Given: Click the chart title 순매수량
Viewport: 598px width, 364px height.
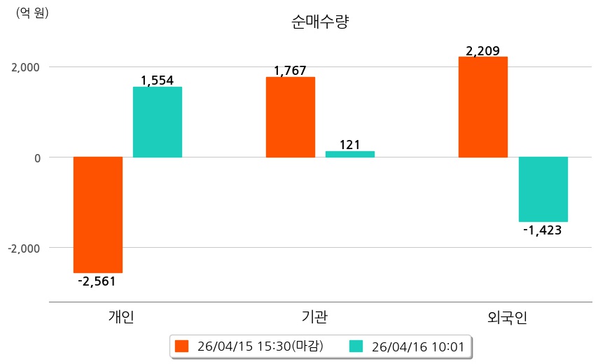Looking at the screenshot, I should click(319, 22).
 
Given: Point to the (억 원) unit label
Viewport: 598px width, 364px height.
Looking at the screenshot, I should click(32, 12).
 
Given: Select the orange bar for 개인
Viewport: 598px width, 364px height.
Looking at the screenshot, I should click(98, 214).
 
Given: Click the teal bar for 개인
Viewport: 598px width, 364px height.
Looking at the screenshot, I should click(158, 122).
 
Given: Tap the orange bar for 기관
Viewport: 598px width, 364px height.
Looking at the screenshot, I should click(290, 117).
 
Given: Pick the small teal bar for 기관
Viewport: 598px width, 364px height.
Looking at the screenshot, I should click(350, 154).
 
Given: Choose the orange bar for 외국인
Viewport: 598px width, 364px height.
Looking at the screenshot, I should click(482, 107).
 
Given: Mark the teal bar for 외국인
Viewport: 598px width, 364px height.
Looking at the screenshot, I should click(543, 189).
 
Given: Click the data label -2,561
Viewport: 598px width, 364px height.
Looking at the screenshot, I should click(97, 281).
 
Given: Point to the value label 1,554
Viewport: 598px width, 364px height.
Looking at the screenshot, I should click(157, 80).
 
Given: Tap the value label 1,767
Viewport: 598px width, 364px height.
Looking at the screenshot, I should click(290, 70).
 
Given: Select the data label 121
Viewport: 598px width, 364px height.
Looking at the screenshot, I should click(349, 145).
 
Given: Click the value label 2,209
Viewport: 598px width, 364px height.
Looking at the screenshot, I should click(482, 50).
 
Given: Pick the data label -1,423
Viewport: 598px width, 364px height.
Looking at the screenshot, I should click(543, 230).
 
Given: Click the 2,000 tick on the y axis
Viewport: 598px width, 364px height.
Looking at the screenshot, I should click(25, 67).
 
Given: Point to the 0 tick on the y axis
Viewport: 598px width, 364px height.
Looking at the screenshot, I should click(35, 157).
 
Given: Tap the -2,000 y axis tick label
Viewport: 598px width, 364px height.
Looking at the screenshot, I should click(23, 248).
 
